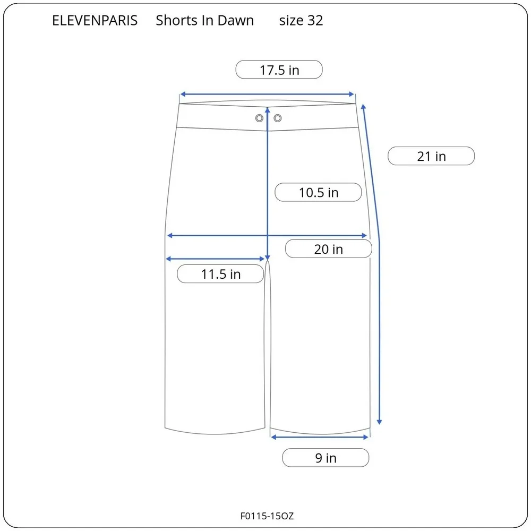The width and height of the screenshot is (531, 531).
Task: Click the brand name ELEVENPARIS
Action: coord(95,21)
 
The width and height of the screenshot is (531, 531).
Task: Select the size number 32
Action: coord(315,21)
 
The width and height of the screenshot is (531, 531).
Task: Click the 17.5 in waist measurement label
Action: coord(279,70)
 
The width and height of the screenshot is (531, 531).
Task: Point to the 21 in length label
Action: coord(431,156)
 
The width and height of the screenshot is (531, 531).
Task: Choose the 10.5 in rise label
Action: coord(318,192)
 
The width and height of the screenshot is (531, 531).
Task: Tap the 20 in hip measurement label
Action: coord(329,249)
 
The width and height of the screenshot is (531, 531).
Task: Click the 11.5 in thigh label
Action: coord(220,274)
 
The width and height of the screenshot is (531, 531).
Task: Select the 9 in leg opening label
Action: coord(326,458)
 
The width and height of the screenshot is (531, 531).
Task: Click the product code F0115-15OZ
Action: coord(267,516)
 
